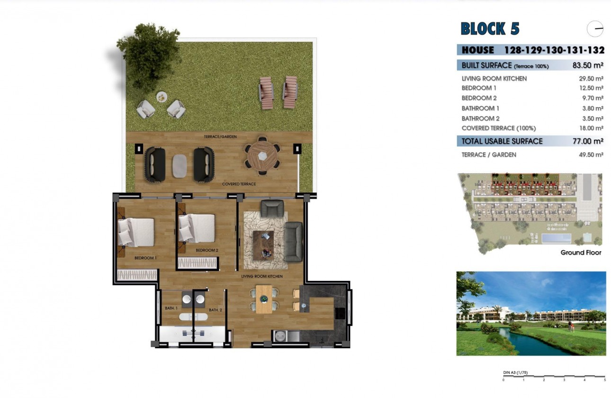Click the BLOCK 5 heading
490,29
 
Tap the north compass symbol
595,29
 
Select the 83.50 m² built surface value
587,65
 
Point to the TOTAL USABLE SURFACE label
502,141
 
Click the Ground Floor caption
581,253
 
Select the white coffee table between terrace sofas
180,166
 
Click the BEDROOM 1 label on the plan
145,258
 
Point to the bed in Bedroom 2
197,228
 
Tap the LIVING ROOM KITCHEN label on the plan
262,276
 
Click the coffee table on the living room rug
263,245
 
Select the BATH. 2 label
216,310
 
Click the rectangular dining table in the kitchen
264,299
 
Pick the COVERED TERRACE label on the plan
239,184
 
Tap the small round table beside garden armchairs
162,97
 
